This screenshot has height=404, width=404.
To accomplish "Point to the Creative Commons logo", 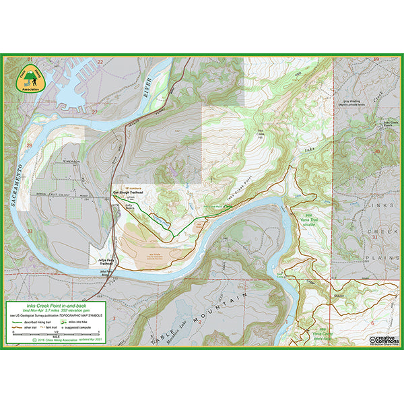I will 384,340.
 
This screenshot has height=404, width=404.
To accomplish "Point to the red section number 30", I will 376,151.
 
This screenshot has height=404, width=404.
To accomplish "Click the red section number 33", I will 30,230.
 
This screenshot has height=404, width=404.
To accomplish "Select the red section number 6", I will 372,324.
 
